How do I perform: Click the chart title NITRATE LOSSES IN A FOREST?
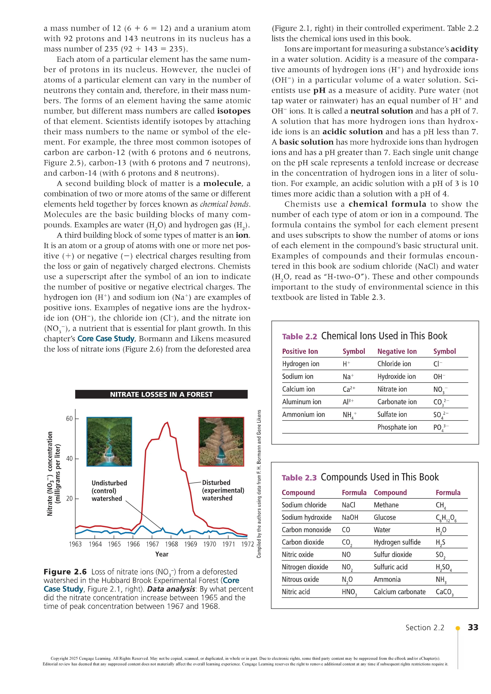(161, 394)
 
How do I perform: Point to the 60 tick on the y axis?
(70, 419)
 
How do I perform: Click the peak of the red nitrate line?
(167, 423)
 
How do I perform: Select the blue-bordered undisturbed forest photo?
(109, 442)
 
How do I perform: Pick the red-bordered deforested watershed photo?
(221, 442)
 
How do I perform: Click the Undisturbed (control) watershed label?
(109, 491)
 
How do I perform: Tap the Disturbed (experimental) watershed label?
(223, 490)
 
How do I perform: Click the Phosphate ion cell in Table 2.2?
(397, 427)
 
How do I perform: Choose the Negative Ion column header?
(397, 351)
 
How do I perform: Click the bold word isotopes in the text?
(234, 111)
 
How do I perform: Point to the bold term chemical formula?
(387, 204)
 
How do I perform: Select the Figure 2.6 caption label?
(65, 572)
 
